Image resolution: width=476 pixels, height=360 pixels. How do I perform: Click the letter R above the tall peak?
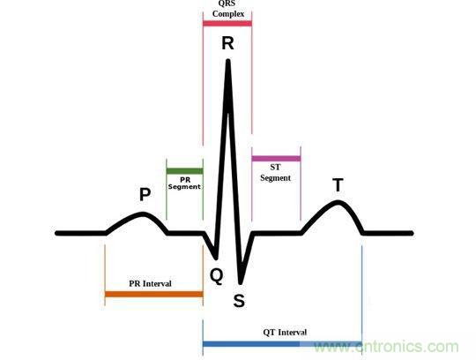tap(227, 43)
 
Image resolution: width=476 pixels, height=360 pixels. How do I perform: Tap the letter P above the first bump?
tap(145, 194)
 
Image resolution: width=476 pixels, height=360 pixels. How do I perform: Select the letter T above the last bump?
tap(338, 184)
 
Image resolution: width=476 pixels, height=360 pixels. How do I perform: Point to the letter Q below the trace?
tap(217, 276)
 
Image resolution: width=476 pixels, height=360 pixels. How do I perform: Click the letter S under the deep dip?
tap(239, 301)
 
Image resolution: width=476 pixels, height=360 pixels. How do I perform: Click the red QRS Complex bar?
tap(227, 24)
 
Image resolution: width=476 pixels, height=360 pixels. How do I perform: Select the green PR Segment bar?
tap(184, 171)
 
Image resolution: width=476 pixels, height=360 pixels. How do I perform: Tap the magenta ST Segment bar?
tap(276, 159)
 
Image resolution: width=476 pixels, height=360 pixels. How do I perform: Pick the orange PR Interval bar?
tap(154, 294)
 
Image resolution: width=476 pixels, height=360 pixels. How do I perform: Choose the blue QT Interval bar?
tap(282, 344)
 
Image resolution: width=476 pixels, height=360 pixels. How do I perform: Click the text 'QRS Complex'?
tap(228, 9)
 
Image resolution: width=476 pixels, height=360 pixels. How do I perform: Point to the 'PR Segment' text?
tap(184, 184)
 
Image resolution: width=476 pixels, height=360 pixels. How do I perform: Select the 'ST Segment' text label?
tap(275, 173)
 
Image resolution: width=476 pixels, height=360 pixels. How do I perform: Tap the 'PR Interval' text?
tap(150, 283)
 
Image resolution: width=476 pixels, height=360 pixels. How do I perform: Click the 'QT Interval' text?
tap(285, 333)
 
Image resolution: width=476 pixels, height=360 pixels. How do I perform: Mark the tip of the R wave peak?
tap(228, 61)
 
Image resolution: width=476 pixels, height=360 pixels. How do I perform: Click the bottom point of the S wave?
tap(241, 282)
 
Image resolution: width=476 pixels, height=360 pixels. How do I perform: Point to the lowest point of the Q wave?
tap(216, 258)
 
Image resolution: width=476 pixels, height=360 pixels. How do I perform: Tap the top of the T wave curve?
tap(338, 202)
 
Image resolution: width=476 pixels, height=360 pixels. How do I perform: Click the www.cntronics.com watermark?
tap(386, 347)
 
